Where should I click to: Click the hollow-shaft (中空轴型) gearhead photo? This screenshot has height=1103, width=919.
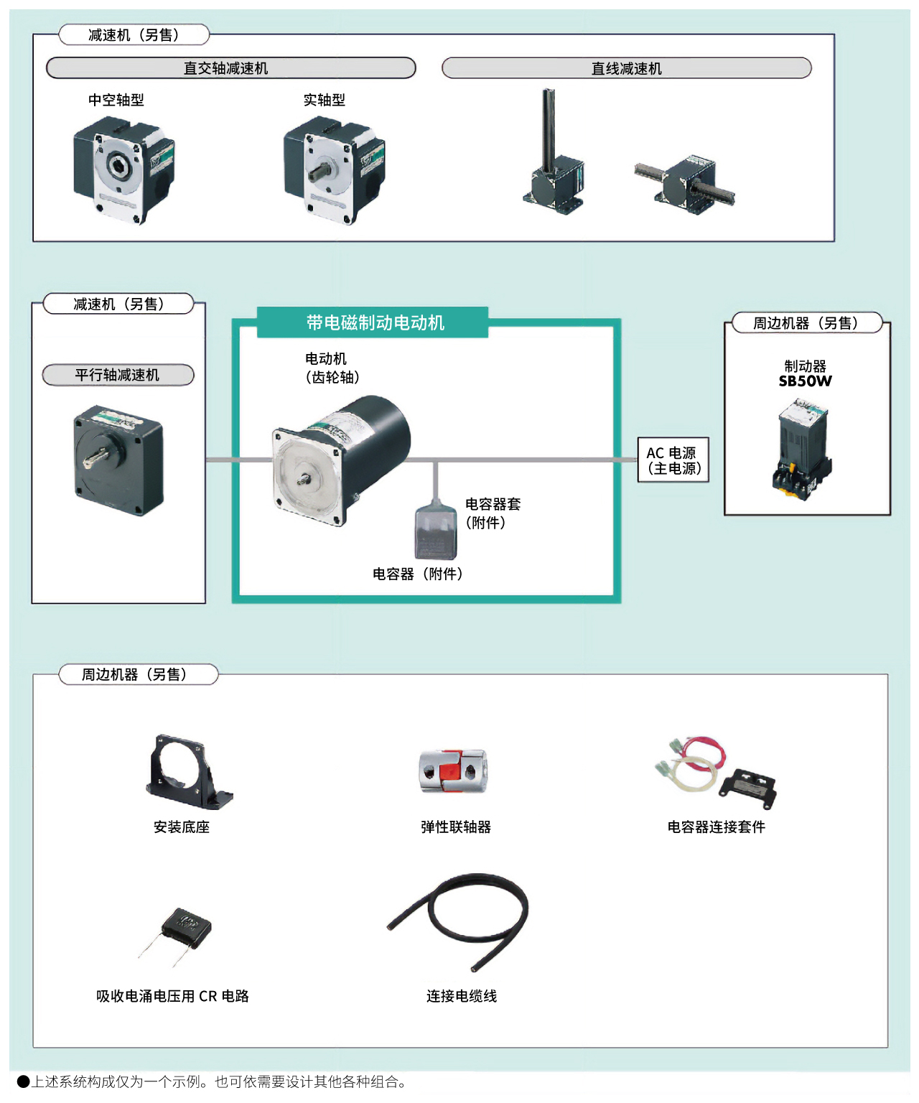point(123,171)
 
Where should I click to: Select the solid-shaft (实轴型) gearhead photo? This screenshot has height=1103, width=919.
point(334,171)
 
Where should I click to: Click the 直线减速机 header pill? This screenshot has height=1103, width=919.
point(626,68)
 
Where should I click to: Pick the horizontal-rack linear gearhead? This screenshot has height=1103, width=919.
point(686,183)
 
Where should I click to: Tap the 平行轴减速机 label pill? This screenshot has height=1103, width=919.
point(118,375)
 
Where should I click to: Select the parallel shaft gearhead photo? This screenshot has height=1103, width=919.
point(118,460)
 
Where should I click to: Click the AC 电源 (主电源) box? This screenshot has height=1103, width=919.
point(673,460)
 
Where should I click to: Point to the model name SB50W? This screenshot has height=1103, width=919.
point(805,381)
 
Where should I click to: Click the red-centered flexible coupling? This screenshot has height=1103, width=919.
point(453,771)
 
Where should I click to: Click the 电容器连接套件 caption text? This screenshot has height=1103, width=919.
point(716,827)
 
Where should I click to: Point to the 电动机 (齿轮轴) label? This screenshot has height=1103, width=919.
point(331,368)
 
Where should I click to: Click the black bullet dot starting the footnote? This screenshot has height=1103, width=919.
point(23,1081)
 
